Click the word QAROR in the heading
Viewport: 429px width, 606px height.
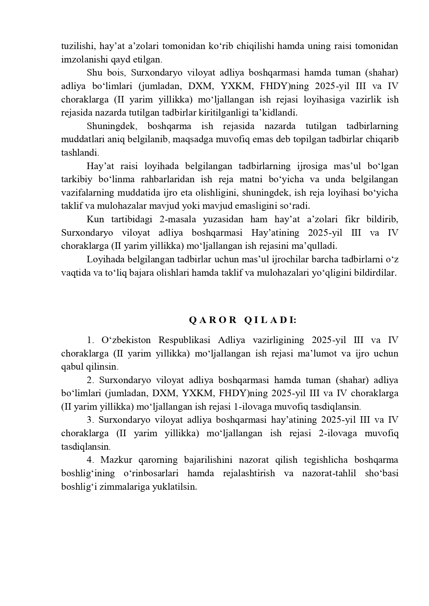(212, 320)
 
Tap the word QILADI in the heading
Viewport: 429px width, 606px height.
(270, 320)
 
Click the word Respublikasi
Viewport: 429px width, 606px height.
(184, 340)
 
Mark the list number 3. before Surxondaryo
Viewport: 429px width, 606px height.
(90, 420)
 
